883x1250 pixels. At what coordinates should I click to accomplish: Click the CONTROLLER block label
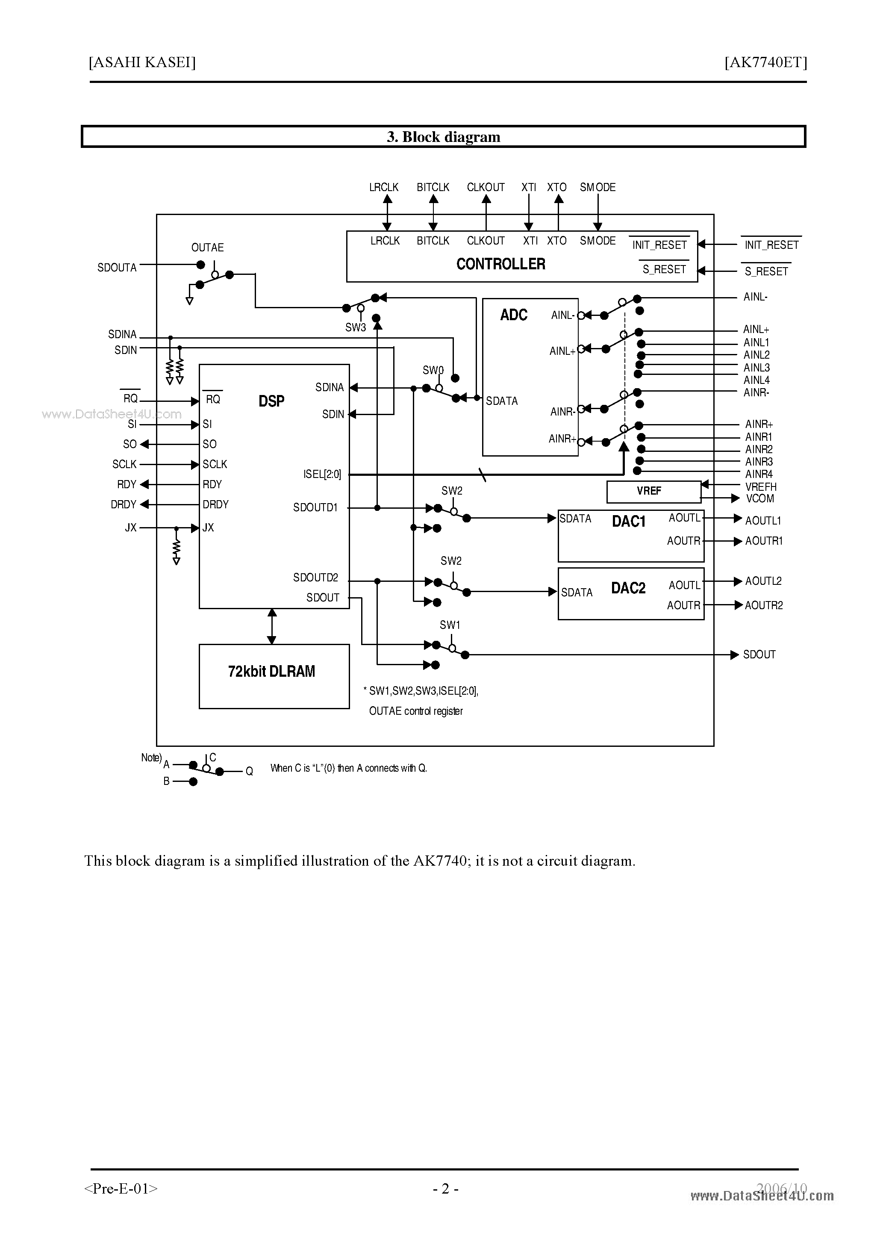tap(500, 264)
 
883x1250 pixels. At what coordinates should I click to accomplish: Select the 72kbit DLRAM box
tap(274, 676)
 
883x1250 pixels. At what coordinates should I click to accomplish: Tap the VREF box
tap(653, 491)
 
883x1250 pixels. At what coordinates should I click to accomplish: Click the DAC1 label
tap(628, 522)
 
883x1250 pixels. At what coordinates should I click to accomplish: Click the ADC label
tap(513, 315)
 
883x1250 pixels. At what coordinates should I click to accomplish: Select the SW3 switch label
tap(356, 327)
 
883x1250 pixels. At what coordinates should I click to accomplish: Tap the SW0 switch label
tap(433, 370)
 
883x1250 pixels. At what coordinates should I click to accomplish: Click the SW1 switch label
tap(450, 625)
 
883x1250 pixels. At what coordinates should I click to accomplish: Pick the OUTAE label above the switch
tap(207, 248)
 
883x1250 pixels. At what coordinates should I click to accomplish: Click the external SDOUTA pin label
tap(117, 267)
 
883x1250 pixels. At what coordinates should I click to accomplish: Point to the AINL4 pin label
tap(756, 380)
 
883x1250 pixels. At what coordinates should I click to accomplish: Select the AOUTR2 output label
tap(763, 605)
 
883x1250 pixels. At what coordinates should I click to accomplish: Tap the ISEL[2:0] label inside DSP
tap(322, 474)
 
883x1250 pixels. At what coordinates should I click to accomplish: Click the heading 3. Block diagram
tap(443, 137)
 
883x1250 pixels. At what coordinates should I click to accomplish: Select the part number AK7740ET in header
tap(765, 62)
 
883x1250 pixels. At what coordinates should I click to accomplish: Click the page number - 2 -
tap(445, 1189)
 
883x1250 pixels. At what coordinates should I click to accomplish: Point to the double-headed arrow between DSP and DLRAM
tap(272, 626)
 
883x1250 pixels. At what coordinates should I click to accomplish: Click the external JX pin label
tap(131, 528)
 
